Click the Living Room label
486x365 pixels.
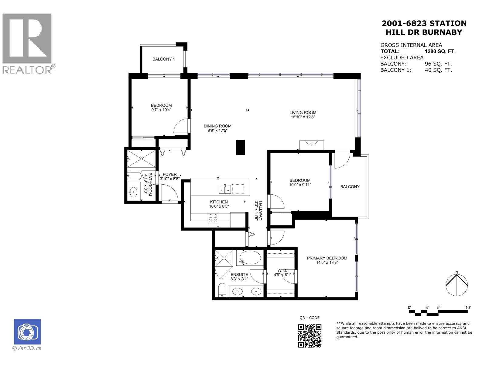(x=303, y=113)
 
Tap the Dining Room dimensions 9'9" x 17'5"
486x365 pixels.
(x=217, y=130)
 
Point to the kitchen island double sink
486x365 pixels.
(x=224, y=189)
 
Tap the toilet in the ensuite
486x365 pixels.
(x=222, y=290)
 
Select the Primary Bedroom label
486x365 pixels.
(x=327, y=258)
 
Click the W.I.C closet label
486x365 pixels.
(x=282, y=270)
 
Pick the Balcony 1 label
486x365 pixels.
(x=163, y=59)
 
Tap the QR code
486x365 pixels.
(x=310, y=335)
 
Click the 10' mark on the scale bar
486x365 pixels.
(x=468, y=308)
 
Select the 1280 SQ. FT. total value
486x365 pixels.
(x=440, y=51)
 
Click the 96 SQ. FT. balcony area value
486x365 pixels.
(x=438, y=64)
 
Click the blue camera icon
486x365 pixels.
(x=27, y=332)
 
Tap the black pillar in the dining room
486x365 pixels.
(x=240, y=148)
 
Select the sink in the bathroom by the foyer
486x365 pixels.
(x=133, y=192)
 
